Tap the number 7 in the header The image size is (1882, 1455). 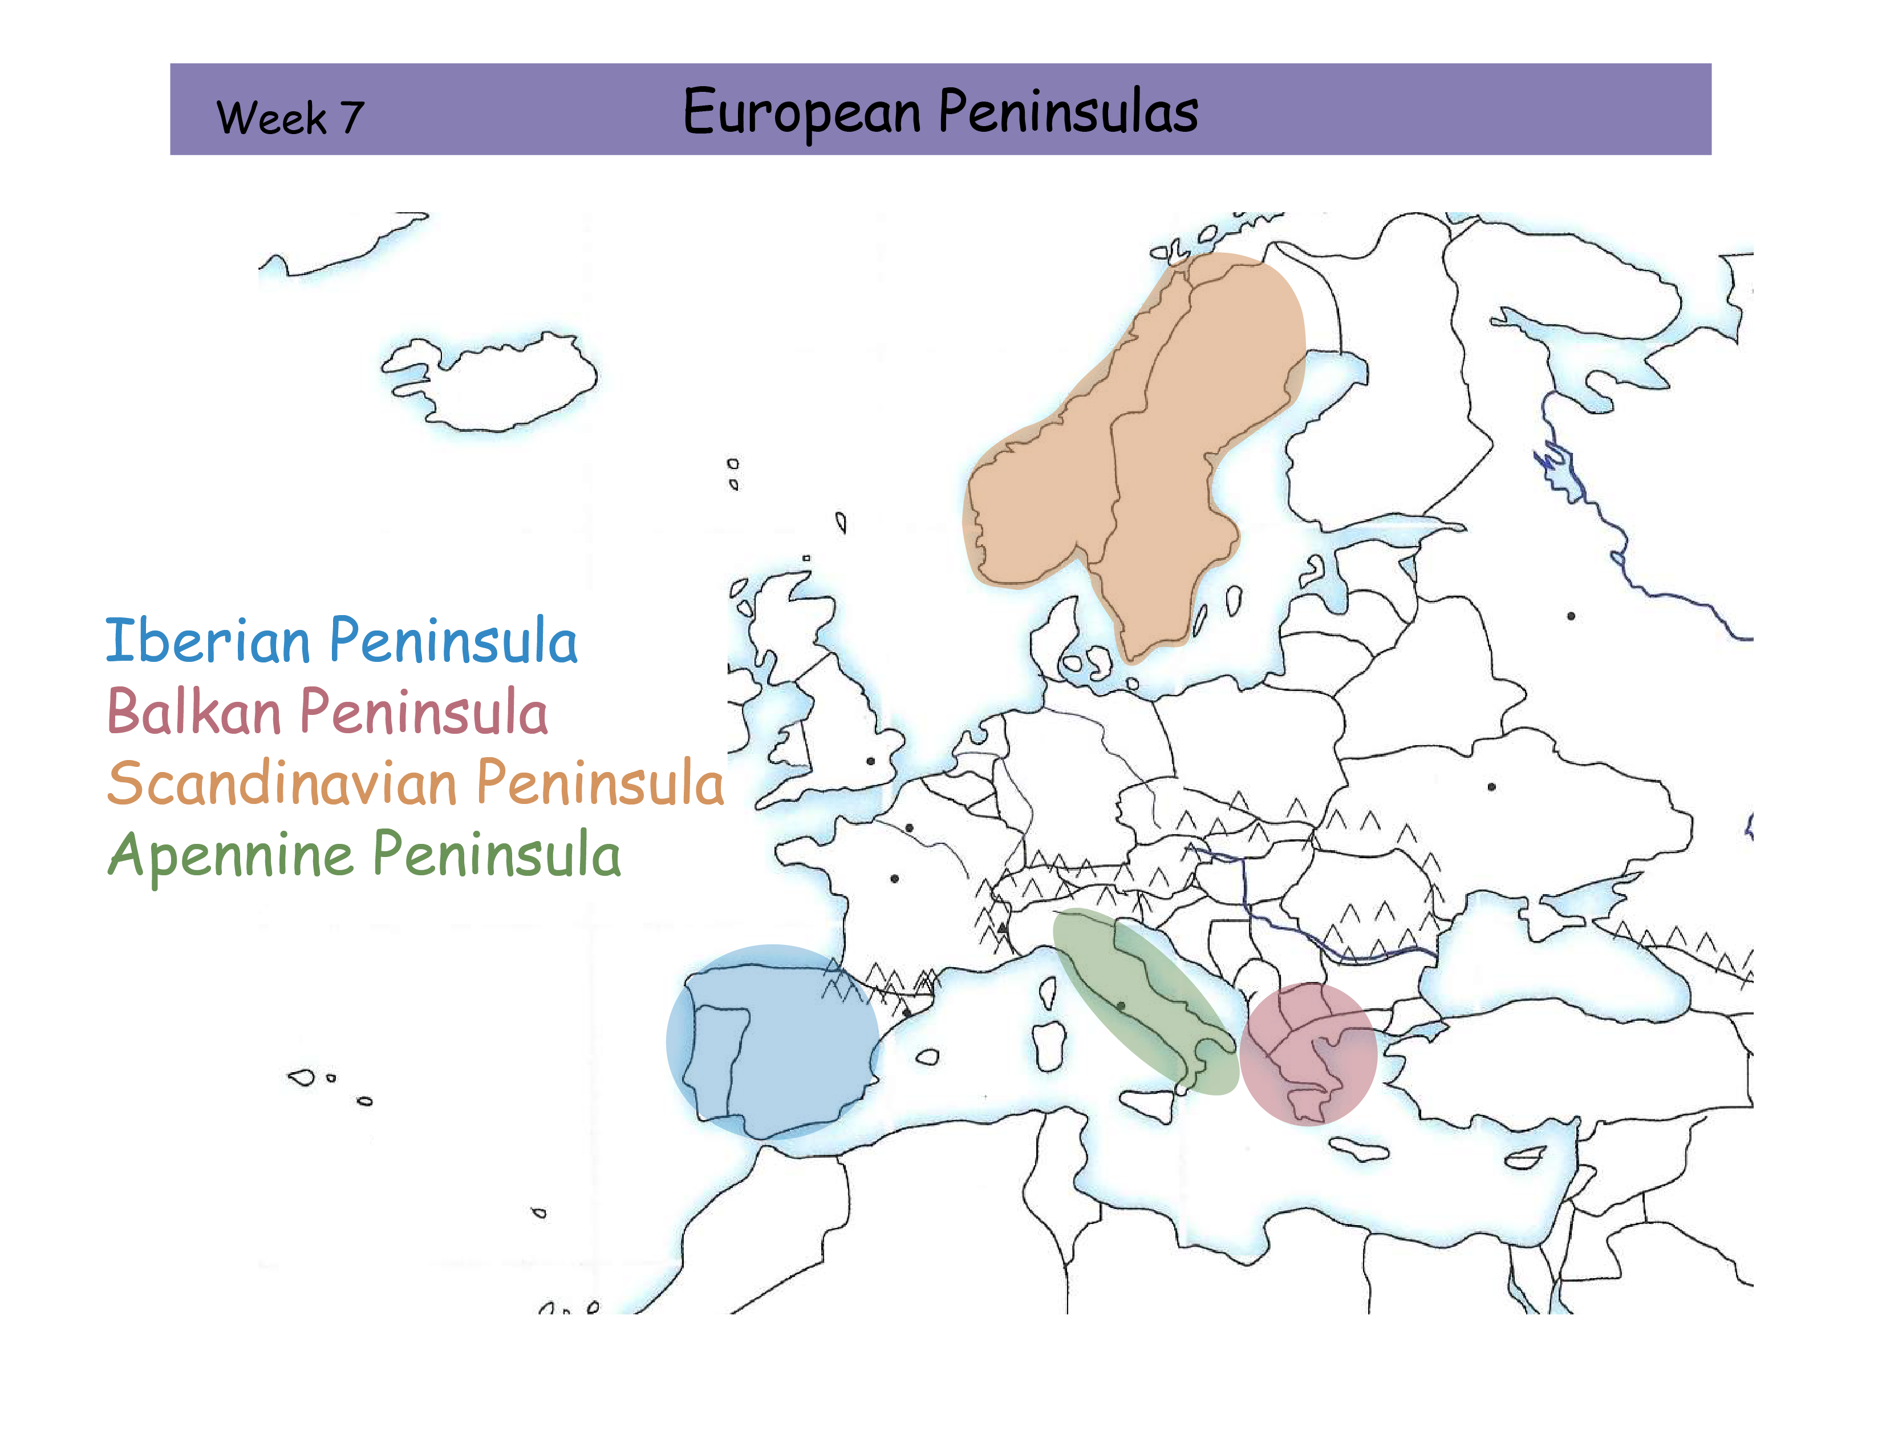click(x=351, y=118)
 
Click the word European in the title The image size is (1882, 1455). click(x=801, y=112)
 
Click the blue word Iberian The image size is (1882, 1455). click(x=207, y=641)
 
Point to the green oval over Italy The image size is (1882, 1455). click(x=1146, y=1000)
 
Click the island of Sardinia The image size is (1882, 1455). click(x=1049, y=1045)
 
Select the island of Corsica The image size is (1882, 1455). click(x=1048, y=992)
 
